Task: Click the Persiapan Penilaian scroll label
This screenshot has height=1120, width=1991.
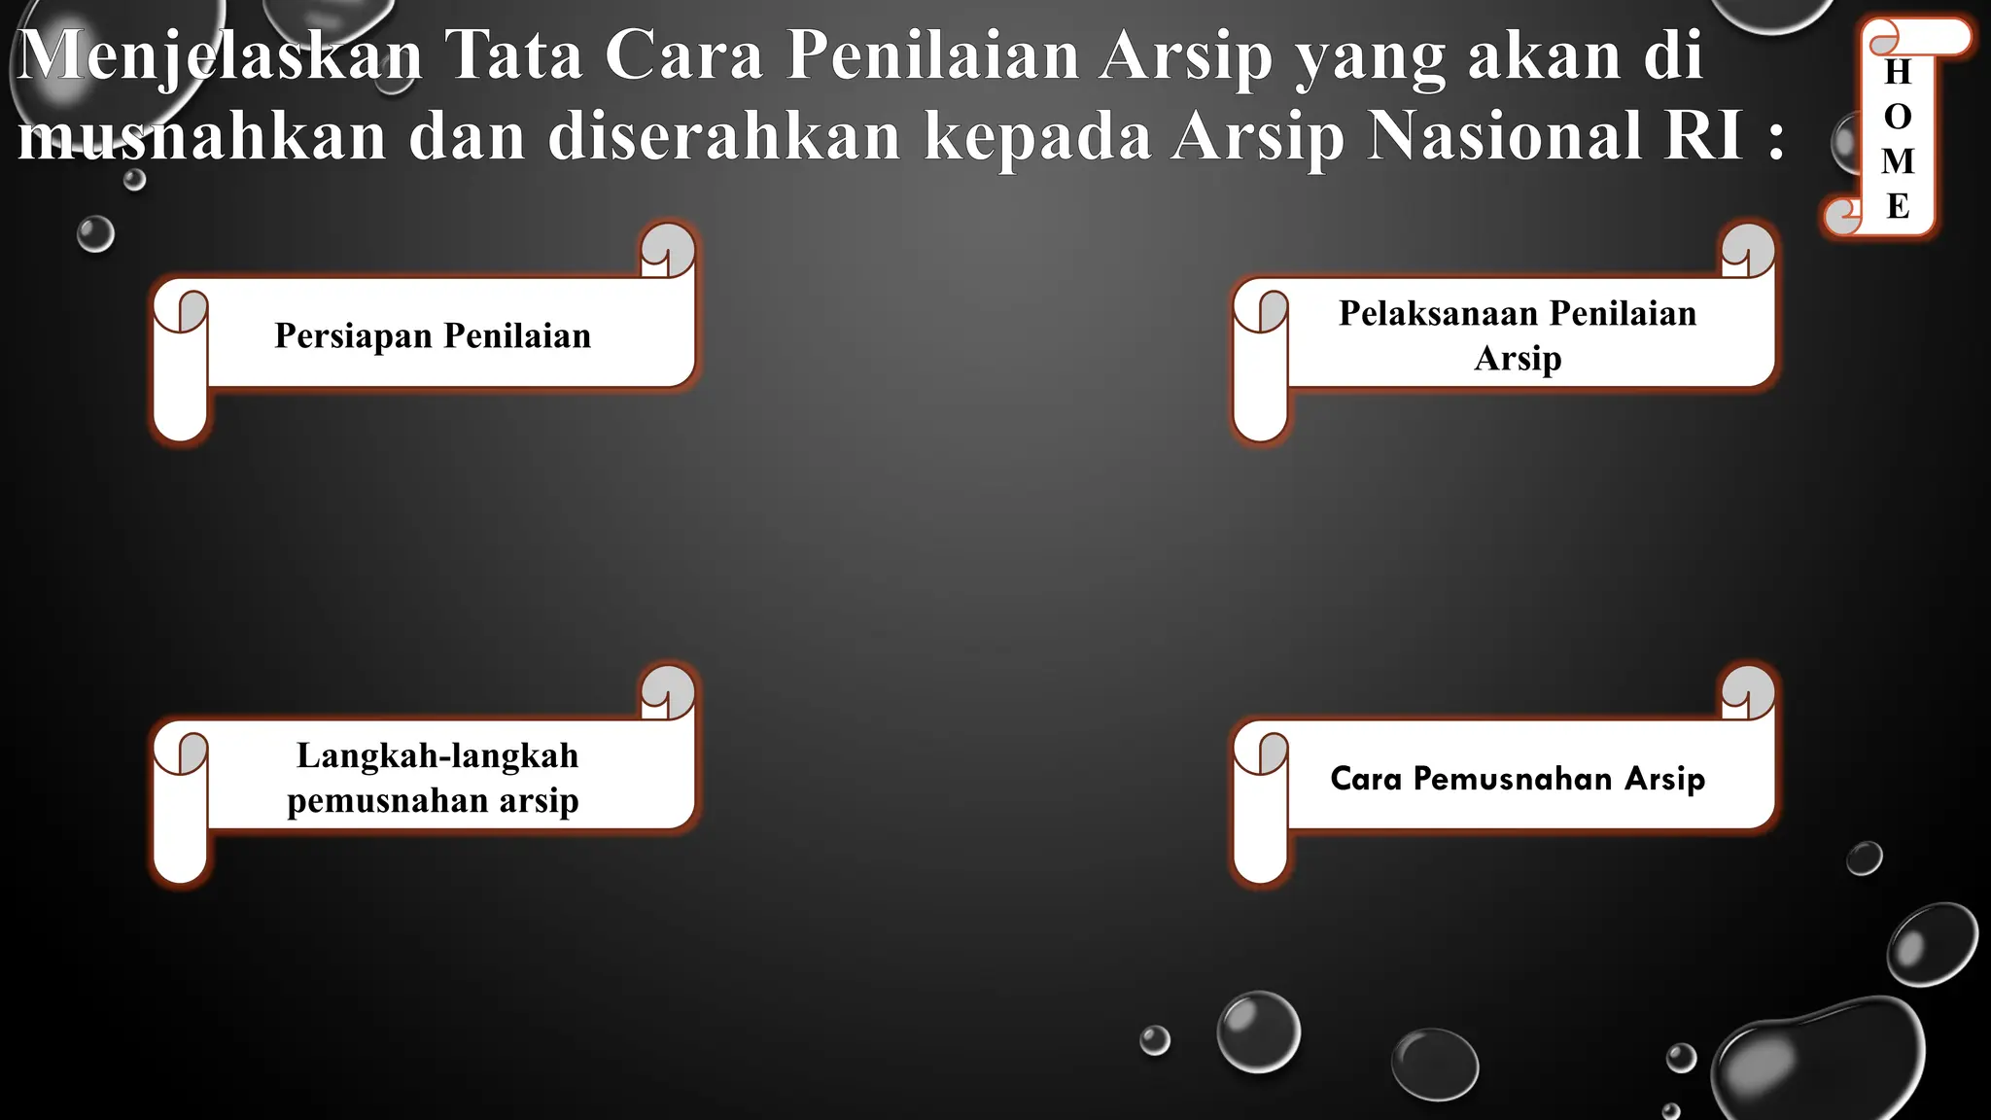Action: [x=433, y=335]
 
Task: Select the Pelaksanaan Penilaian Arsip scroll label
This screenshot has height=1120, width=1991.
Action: [x=1517, y=335]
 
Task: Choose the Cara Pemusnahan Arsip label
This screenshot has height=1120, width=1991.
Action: [x=1517, y=779]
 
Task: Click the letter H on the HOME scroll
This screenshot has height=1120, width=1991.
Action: [x=1898, y=72]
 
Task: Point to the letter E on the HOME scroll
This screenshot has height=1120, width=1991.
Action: [x=1898, y=206]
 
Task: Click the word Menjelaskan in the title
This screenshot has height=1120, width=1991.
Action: [x=220, y=55]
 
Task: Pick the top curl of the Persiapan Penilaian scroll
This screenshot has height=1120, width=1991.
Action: [x=668, y=249]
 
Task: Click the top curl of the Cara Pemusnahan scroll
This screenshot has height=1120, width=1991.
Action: [x=1748, y=691]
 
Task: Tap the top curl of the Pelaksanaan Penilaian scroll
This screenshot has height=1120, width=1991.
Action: [x=1748, y=249]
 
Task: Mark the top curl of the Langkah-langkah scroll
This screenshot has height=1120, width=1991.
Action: [x=668, y=691]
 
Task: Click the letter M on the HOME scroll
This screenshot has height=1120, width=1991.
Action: [x=1898, y=161]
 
